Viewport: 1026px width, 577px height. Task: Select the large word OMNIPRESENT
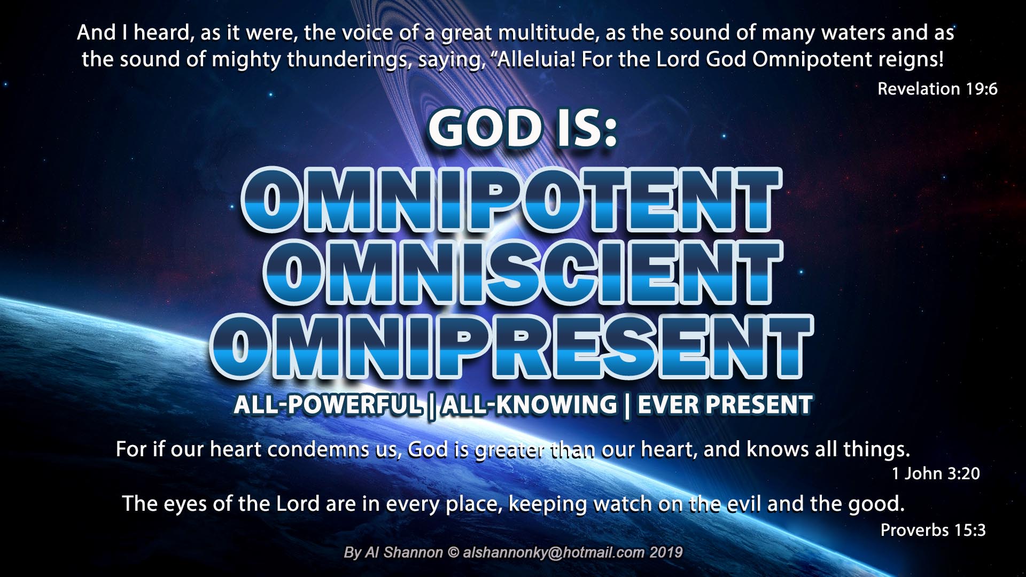pos(511,346)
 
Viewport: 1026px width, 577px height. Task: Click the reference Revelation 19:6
pos(937,89)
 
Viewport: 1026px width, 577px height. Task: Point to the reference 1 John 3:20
pos(936,473)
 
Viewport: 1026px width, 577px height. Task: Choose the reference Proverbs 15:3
pos(933,530)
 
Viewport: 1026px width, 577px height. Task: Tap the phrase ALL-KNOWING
pos(530,404)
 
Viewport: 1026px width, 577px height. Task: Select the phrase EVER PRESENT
pos(725,404)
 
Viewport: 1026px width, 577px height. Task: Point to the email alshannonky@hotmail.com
pos(554,552)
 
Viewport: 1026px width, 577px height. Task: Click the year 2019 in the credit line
pos(666,552)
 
